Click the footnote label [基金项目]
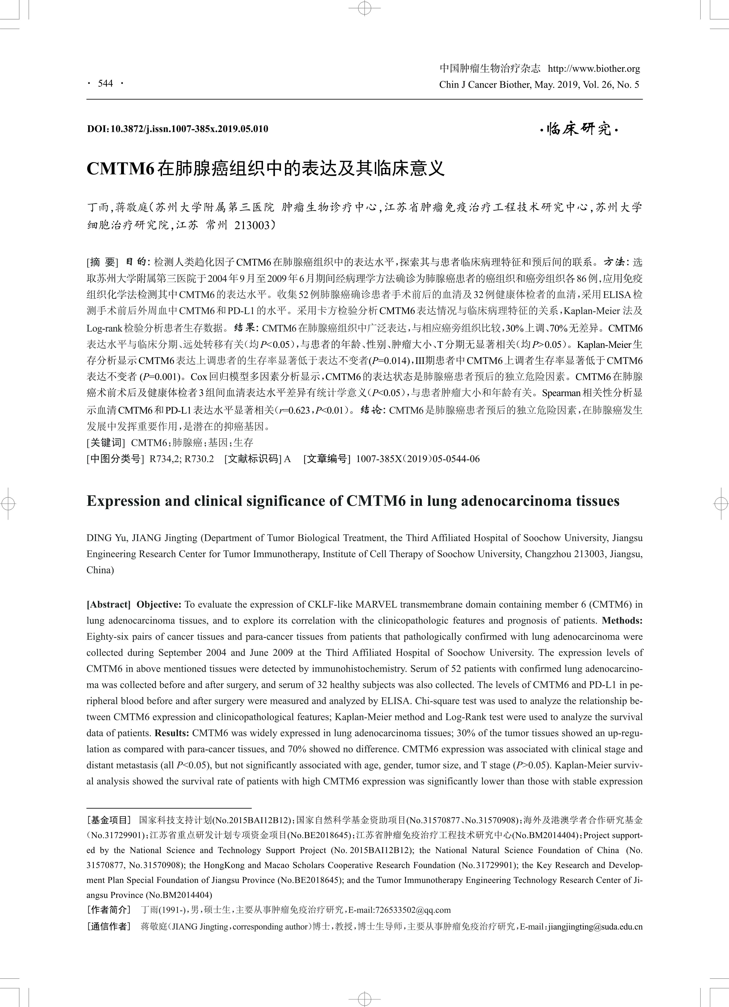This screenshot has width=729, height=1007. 109,820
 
